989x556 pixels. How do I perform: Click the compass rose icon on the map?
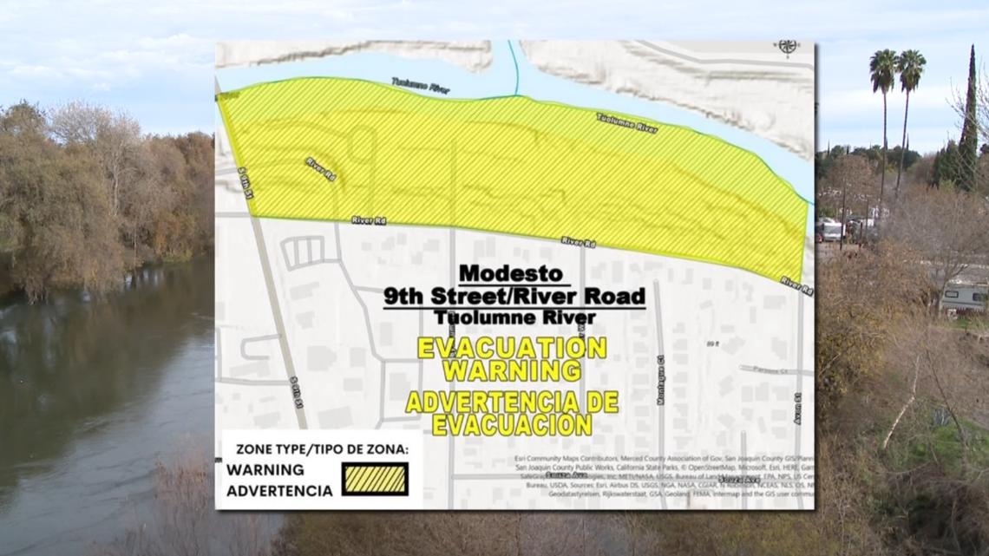[x=788, y=48]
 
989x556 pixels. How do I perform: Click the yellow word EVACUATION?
[x=512, y=348]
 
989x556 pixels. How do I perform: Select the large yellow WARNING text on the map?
[x=512, y=370]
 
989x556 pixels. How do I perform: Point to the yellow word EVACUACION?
[x=512, y=425]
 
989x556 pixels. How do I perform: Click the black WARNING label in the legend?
[x=265, y=469]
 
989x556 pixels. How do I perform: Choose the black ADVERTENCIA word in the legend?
[x=279, y=490]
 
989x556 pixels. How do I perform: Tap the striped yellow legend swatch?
[x=375, y=479]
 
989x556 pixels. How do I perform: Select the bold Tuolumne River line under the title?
[x=515, y=318]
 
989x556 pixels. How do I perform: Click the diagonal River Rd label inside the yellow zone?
[x=320, y=168]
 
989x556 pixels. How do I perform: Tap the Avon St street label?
[x=796, y=408]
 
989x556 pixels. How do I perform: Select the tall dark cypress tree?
[x=967, y=121]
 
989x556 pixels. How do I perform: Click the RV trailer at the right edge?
[x=963, y=297]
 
